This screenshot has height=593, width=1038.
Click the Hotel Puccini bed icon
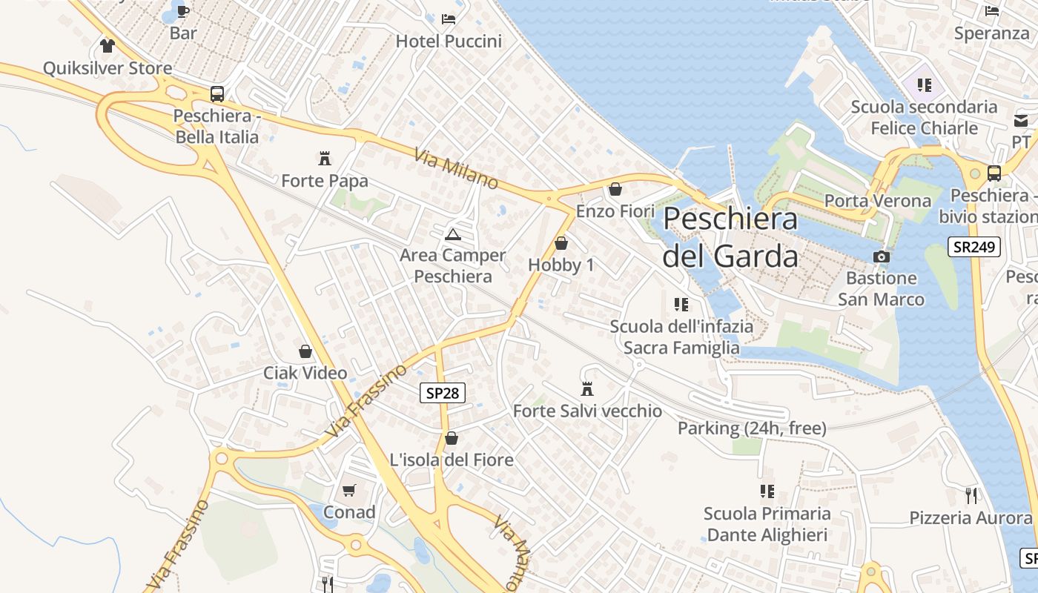[x=449, y=19]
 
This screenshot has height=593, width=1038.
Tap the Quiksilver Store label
[x=108, y=68]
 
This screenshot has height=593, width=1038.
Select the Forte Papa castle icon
[x=324, y=158]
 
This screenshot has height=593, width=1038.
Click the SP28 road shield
[x=443, y=393]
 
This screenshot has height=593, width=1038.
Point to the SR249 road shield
[x=973, y=247]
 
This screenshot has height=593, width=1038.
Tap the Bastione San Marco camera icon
[x=881, y=256]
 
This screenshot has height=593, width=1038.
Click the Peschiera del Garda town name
[x=730, y=237]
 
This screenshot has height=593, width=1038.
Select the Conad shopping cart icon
[x=348, y=490]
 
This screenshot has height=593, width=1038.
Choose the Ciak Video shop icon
[x=305, y=351]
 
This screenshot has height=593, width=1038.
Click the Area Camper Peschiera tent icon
[x=452, y=234]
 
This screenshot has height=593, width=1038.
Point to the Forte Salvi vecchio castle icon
[x=587, y=388]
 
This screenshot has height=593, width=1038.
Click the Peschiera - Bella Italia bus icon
[x=216, y=94]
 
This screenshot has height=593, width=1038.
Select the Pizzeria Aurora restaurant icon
[x=971, y=494]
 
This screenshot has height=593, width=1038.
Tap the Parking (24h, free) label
[x=752, y=428]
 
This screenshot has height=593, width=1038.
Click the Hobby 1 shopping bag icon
[x=561, y=242]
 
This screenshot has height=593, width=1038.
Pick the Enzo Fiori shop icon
[x=615, y=189]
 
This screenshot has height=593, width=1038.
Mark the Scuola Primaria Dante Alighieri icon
[x=767, y=491]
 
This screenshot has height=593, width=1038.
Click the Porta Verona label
[x=878, y=201]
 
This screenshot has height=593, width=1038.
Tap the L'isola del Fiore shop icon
[x=451, y=438]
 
